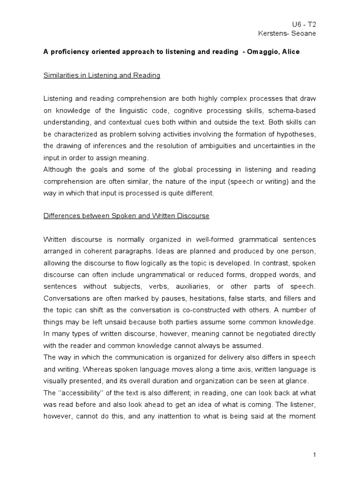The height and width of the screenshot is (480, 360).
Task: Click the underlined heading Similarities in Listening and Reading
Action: coord(102,75)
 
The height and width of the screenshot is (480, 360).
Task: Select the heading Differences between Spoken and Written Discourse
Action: coord(126,216)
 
